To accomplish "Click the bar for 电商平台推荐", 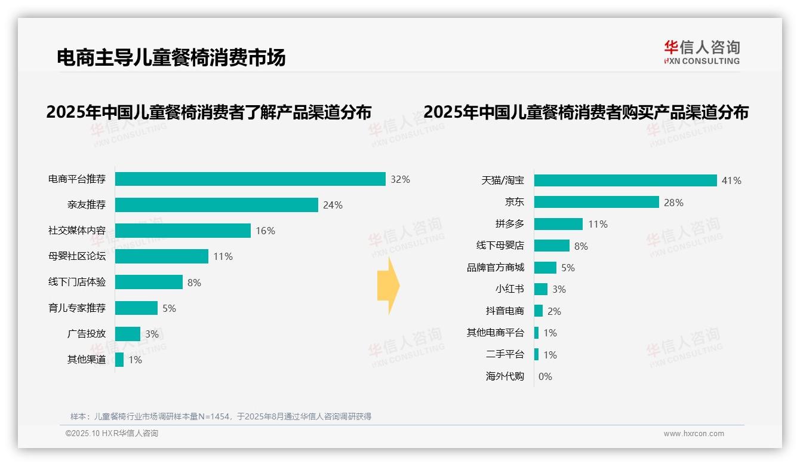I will coord(250,179).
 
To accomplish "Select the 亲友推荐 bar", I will coord(216,205).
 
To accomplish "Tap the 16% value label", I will coord(265,231).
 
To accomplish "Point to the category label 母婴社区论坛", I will coord(77,256).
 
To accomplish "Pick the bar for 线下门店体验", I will coord(149,282).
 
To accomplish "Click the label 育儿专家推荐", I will coord(77,308).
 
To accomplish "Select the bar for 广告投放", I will coord(128,334).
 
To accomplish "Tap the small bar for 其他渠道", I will coord(119,360).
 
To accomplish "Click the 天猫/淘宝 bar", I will coord(625,180).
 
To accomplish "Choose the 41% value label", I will coord(731,180).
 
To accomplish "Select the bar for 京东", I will coord(596,202).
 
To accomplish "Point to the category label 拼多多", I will coord(509,224).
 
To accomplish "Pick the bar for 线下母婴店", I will coord(552,246).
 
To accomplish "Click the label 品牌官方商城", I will coord(496,268).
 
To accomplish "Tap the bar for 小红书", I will coord(541,289).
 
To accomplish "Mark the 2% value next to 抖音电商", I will coord(554,311).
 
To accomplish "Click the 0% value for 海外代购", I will coord(545,376).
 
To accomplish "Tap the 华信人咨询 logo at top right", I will coord(701,52).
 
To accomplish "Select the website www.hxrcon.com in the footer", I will coord(694,434).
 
